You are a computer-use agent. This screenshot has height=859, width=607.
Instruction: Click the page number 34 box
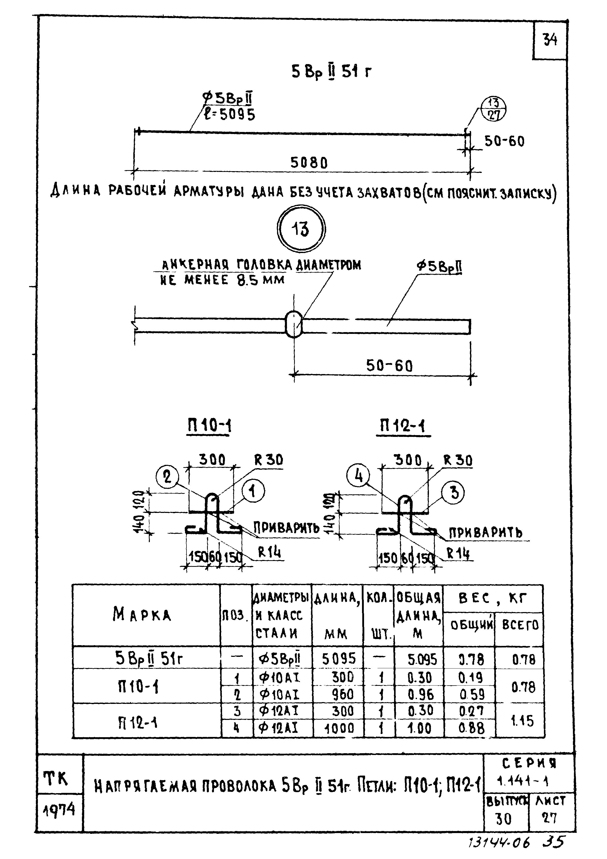549,40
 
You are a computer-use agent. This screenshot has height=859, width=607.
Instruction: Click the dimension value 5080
309,163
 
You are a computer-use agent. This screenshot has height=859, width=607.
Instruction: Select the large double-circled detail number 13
301,229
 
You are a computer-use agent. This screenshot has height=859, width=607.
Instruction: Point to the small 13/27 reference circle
493,109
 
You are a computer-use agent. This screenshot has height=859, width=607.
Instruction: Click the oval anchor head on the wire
294,324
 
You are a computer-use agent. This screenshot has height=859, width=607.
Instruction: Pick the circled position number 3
454,492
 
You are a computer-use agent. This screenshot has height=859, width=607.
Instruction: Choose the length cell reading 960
342,695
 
